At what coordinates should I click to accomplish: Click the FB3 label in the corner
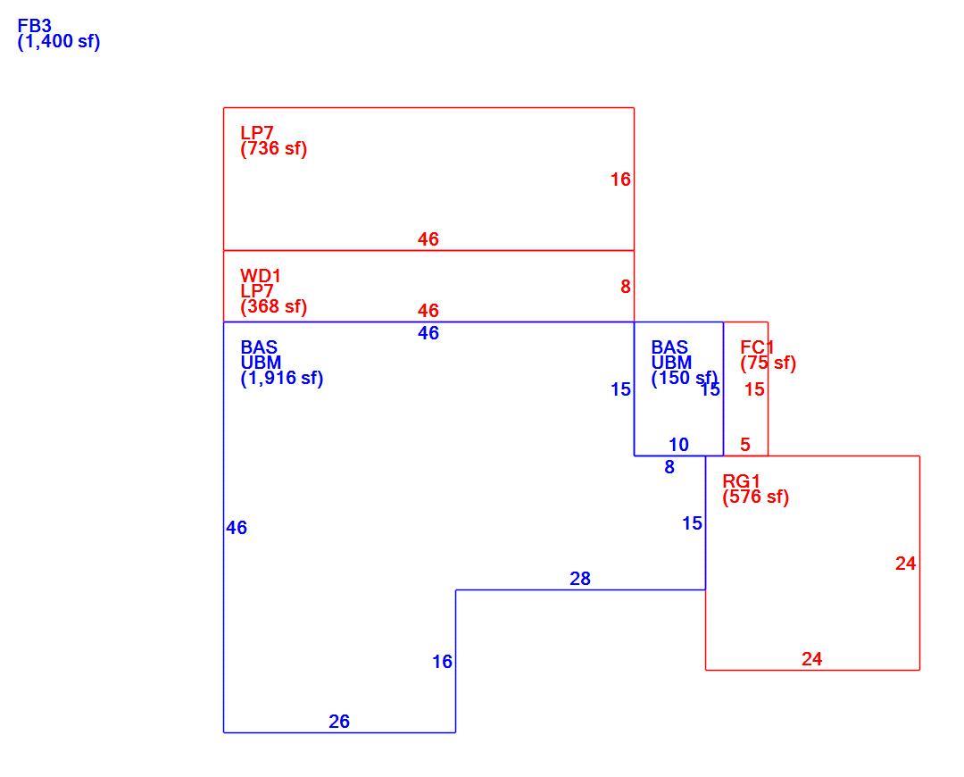(x=35, y=27)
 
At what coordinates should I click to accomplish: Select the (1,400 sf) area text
(x=59, y=42)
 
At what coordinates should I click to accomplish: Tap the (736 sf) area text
(x=274, y=148)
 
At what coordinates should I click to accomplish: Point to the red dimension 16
(x=620, y=179)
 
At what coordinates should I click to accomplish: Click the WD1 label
(x=260, y=275)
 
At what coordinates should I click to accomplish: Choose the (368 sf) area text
(x=274, y=306)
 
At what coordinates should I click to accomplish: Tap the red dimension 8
(x=625, y=287)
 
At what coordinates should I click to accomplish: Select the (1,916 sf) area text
(x=281, y=378)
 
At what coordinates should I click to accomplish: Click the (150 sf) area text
(x=685, y=378)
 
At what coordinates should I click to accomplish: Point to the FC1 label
(x=758, y=347)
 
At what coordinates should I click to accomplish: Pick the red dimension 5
(x=745, y=444)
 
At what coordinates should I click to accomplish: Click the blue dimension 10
(x=678, y=444)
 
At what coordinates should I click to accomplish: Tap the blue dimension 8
(x=669, y=467)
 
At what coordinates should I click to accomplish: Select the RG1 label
(x=742, y=481)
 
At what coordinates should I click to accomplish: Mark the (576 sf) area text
(x=756, y=497)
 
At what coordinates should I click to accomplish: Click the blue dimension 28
(x=580, y=579)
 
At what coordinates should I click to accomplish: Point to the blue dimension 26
(x=339, y=721)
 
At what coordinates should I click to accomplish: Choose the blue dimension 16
(x=442, y=661)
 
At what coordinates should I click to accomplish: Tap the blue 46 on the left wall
(x=236, y=527)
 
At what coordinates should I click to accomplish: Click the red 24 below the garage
(x=811, y=659)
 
